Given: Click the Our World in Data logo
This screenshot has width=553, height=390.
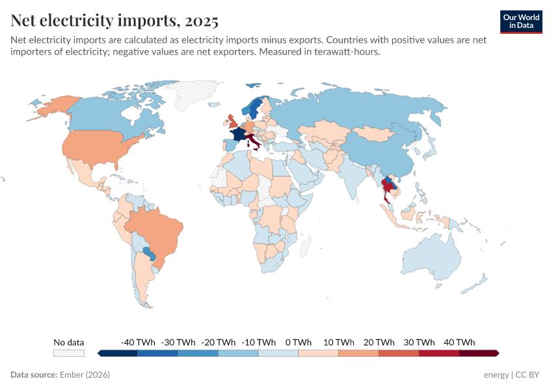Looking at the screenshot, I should pyautogui.click(x=521, y=21).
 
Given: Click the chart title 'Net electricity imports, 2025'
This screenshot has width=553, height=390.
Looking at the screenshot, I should pyautogui.click(x=115, y=21).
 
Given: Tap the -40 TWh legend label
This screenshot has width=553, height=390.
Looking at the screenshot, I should pyautogui.click(x=138, y=343).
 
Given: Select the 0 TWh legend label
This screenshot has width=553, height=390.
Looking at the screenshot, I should pyautogui.click(x=298, y=343).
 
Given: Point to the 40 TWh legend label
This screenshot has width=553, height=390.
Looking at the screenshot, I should pyautogui.click(x=459, y=343).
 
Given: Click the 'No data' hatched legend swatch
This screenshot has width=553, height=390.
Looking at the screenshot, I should pyautogui.click(x=69, y=353).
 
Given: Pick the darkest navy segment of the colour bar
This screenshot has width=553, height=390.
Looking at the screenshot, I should pyautogui.click(x=118, y=353).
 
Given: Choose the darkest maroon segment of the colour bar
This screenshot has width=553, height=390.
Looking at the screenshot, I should pyautogui.click(x=478, y=353).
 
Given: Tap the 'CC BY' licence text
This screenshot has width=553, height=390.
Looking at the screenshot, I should pyautogui.click(x=529, y=375).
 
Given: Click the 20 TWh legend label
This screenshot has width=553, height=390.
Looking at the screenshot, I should pyautogui.click(x=379, y=343).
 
